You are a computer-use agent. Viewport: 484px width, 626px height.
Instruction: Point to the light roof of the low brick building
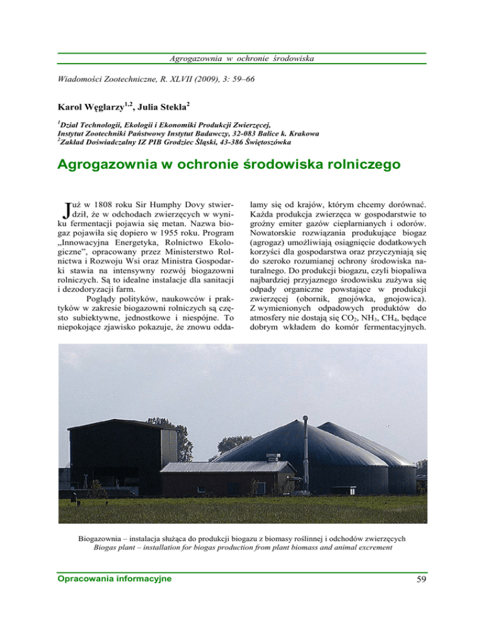tap(227, 467)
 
